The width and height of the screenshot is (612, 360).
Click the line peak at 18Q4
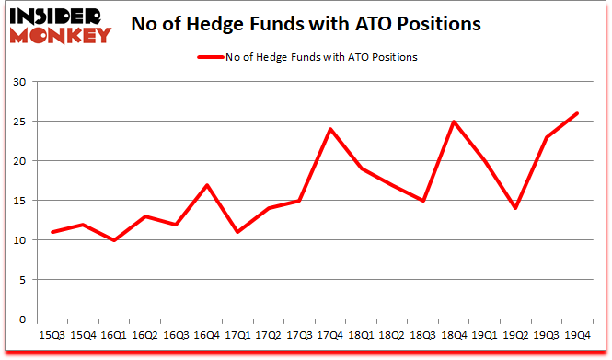coord(454,122)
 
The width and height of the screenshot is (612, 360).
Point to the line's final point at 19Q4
coord(576,113)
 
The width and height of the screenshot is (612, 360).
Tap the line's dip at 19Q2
coord(515,208)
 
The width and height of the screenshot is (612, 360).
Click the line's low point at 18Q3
coord(423,201)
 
